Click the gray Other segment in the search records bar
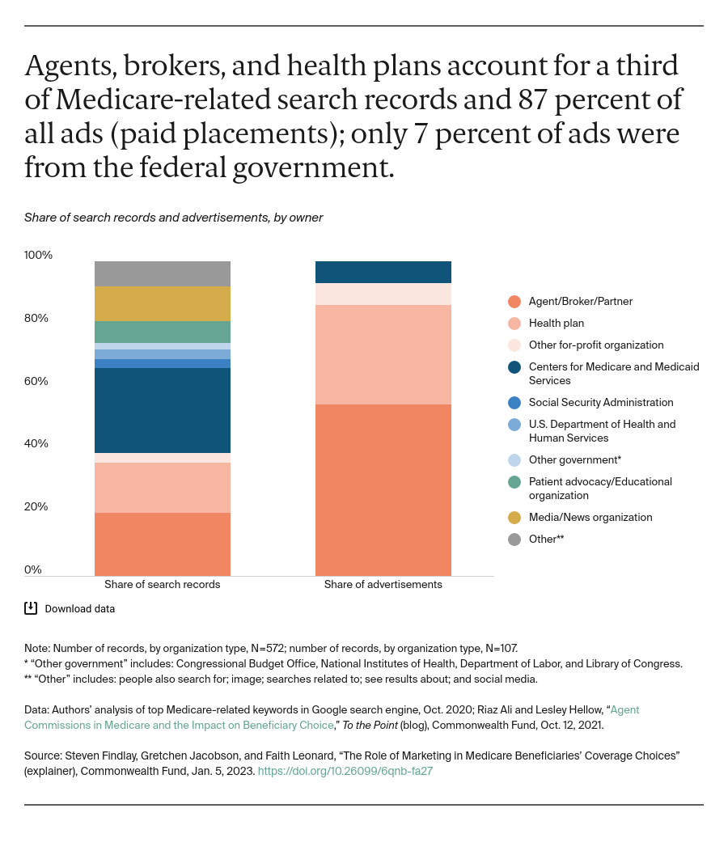(x=163, y=273)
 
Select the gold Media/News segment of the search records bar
(x=163, y=303)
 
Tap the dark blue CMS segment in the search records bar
(x=163, y=410)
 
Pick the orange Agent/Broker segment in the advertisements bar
(x=383, y=489)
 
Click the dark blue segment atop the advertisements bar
(x=383, y=272)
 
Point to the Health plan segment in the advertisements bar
(x=383, y=354)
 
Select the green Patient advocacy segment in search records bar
(x=163, y=332)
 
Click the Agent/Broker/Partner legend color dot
(x=514, y=302)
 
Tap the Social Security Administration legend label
(x=600, y=402)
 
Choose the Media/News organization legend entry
(x=590, y=517)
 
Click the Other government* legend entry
(x=574, y=459)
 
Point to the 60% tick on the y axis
(x=36, y=381)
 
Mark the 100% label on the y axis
(x=38, y=255)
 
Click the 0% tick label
(x=33, y=569)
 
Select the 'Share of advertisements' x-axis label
(x=383, y=584)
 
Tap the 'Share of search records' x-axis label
(x=163, y=584)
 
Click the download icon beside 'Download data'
(x=31, y=608)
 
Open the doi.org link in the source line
(x=345, y=771)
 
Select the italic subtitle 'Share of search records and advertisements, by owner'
(x=173, y=218)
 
